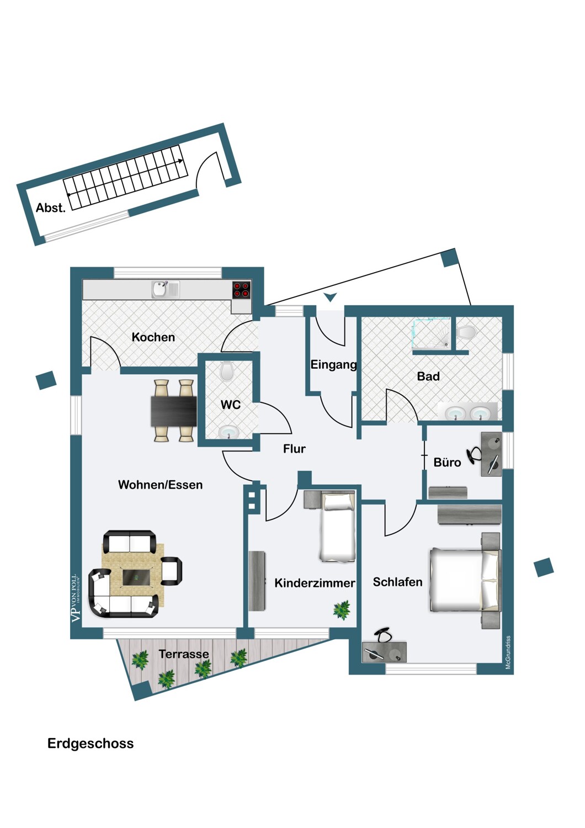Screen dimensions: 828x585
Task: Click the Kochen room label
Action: pos(153,337)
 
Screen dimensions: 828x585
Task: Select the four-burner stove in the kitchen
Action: pos(241,290)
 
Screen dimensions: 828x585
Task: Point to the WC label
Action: pos(230,405)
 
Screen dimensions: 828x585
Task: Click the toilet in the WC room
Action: pos(227,371)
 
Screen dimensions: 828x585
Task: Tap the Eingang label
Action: pos(333,364)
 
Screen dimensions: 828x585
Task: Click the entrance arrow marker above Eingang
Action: pos(330,298)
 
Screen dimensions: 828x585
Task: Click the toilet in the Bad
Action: pos(466,332)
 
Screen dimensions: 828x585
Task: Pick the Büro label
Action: pos(447,462)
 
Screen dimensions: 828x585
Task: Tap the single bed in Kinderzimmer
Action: pos(338,527)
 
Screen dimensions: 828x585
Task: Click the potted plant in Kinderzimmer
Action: pos(342,610)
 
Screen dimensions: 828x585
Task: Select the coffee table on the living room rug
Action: pos(135,577)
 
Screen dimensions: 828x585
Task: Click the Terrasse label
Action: pos(184,654)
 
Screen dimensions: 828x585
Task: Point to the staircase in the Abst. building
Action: pos(124,177)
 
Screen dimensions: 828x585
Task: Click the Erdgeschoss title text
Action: pos(91,744)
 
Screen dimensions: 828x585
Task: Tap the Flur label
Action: pos(294,449)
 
